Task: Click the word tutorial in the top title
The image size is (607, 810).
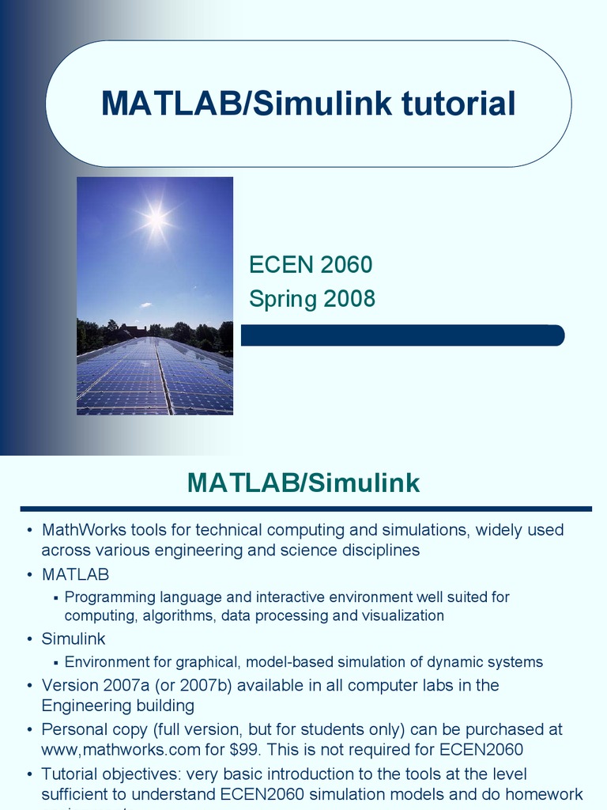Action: pos(447,104)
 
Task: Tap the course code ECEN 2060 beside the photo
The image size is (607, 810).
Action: pos(311,265)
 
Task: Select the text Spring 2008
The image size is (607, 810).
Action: pos(312,299)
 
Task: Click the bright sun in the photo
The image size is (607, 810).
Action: pos(156,219)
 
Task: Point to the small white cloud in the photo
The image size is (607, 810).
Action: pos(145,305)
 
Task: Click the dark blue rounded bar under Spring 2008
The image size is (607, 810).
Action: pos(402,335)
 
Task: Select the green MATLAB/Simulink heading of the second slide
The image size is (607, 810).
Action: pos(303,483)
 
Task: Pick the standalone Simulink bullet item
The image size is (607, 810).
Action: pos(74,638)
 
